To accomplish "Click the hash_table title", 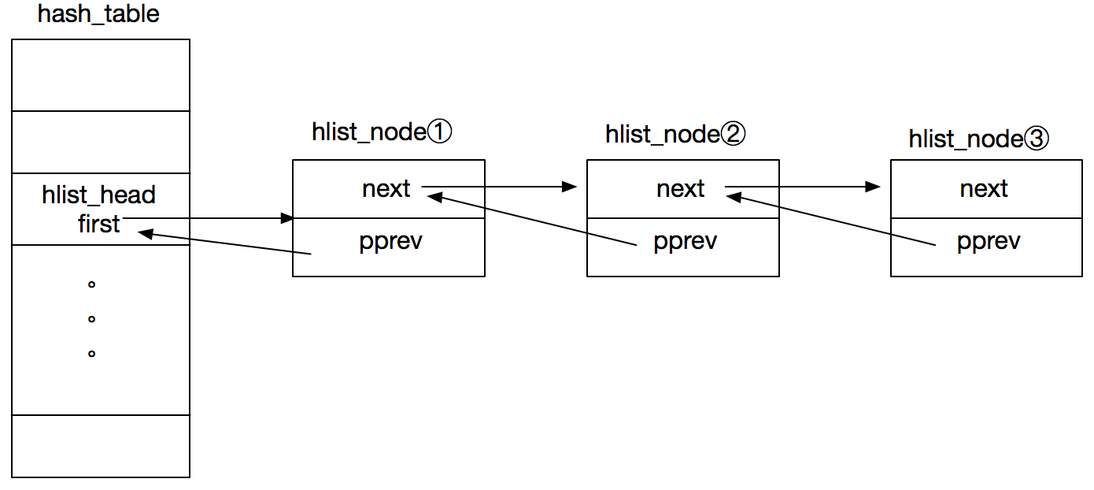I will [98, 14].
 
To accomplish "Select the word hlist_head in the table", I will [98, 195].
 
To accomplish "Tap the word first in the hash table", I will [98, 224].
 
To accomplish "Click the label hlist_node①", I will [382, 132].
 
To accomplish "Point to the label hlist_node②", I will [675, 134].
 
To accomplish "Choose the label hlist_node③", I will [979, 139].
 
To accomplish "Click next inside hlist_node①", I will [386, 189].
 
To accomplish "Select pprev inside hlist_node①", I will [390, 241].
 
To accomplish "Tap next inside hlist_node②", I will [681, 189].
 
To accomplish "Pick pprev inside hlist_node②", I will [685, 241].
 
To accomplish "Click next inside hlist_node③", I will [984, 189].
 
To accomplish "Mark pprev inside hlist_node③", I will [989, 241].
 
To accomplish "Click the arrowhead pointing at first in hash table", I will [144, 232].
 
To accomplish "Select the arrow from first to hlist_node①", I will [209, 217].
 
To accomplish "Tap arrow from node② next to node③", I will [803, 187].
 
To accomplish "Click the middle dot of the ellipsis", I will [91, 319].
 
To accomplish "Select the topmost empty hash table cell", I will [101, 75].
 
